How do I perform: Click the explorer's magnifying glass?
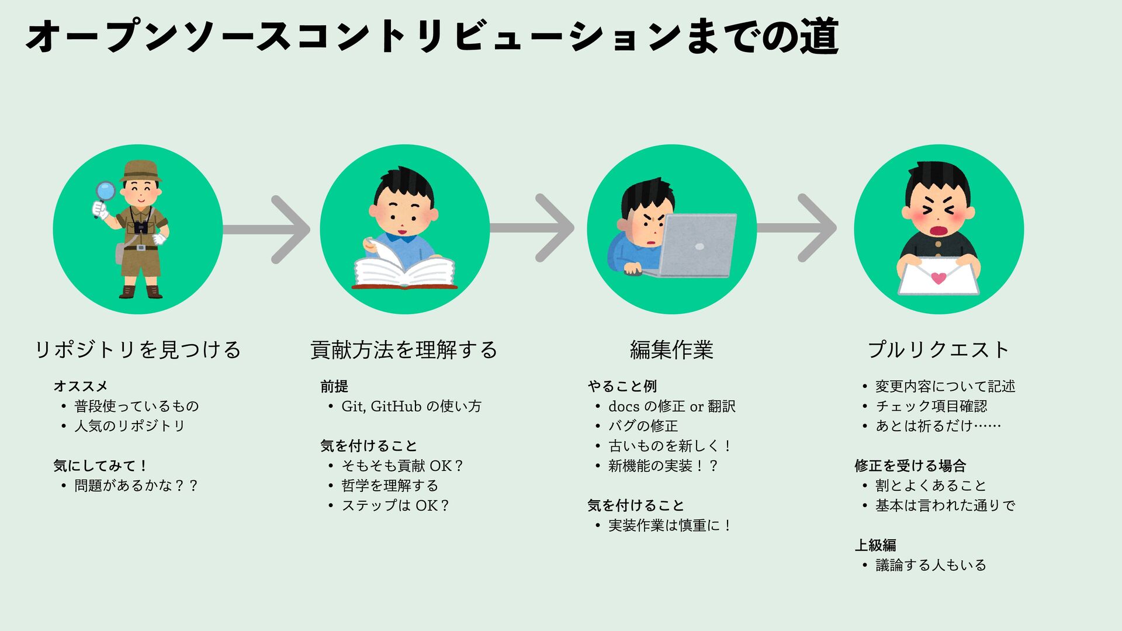106,191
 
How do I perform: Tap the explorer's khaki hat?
140,171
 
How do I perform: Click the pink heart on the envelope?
939,278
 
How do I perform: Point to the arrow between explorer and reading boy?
269,230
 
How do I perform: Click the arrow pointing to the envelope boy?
798,228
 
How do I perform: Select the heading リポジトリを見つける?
138,350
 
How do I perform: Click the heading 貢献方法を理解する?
404,350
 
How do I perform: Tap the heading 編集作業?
671,350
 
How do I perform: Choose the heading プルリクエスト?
939,350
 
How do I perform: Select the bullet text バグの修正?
643,426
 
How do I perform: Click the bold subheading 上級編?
875,545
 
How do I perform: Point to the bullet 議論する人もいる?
930,565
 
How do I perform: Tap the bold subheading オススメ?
81,386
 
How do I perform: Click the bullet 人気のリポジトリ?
129,426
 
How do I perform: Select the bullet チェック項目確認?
931,406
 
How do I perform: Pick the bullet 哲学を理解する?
390,486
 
